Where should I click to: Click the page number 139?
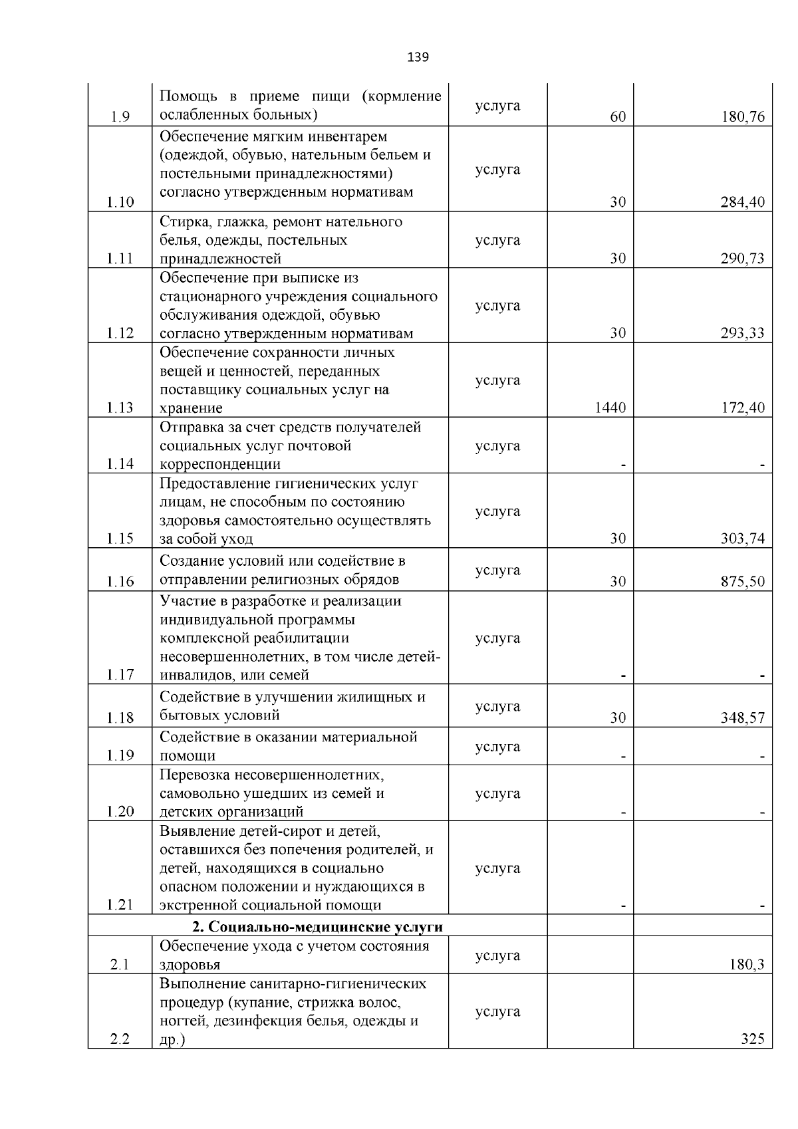point(418,57)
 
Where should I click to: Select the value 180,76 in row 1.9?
point(743,118)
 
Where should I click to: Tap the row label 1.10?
point(120,203)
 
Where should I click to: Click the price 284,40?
point(743,203)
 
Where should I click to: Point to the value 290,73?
point(743,259)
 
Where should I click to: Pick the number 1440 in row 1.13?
point(610,408)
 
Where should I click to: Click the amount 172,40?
point(743,408)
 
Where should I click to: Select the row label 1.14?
point(120,464)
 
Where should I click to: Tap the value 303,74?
point(743,539)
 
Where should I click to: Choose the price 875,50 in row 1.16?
point(743,582)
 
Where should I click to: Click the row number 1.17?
point(120,676)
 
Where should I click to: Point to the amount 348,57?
point(743,718)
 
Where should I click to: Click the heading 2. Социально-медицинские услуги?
point(318,927)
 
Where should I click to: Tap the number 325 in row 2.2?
point(753,1039)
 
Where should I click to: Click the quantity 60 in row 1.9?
point(618,118)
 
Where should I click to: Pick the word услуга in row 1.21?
point(497,868)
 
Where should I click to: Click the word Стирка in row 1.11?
point(181,221)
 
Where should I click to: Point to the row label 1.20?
point(120,812)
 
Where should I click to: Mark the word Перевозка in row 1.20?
point(194,775)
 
